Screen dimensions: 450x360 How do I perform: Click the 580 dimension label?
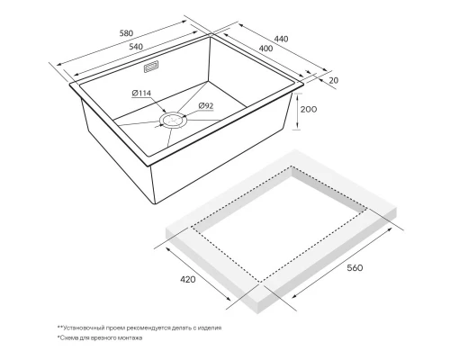[x=126, y=33]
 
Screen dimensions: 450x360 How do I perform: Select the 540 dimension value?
[x=136, y=47]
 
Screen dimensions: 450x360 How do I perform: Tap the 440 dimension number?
[x=281, y=39]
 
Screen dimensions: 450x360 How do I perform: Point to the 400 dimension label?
[x=265, y=49]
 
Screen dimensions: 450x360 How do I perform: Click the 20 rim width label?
[x=334, y=80]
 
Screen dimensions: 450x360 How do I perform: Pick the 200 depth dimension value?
[x=309, y=109]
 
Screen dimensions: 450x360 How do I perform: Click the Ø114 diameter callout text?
[x=141, y=94]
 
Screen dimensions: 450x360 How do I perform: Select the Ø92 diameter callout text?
[x=206, y=105]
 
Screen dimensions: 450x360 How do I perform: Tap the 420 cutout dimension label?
[x=187, y=279]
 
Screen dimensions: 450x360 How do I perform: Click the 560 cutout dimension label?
[x=355, y=267]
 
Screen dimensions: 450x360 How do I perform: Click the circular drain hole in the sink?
[x=174, y=121]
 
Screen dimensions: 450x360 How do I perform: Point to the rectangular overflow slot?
[x=151, y=67]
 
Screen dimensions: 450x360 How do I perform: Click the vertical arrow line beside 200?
[x=297, y=112]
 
